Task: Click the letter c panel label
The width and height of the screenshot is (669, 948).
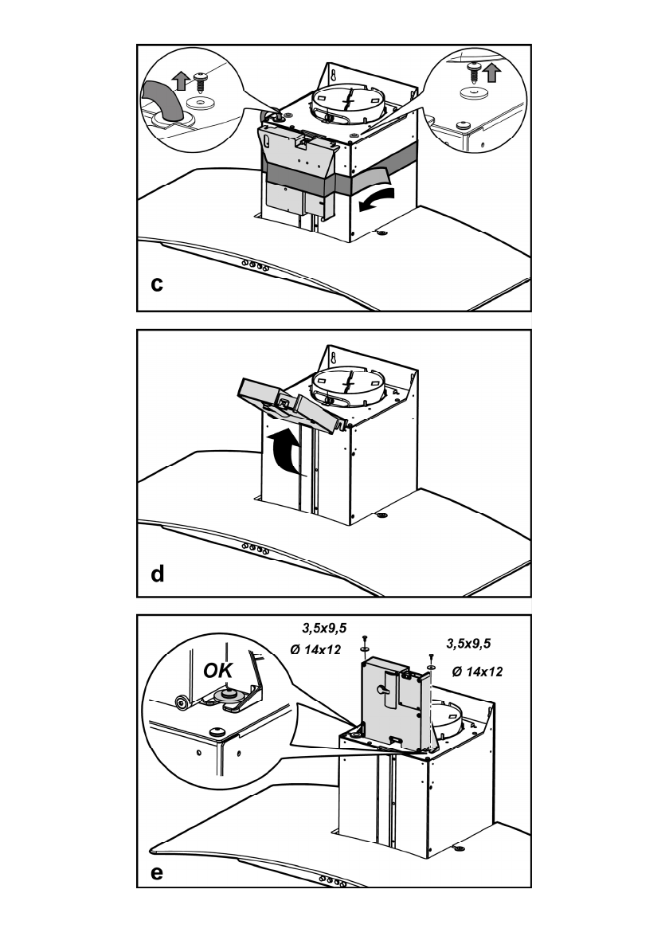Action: [x=158, y=283]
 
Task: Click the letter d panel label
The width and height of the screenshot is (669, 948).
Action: [x=158, y=574]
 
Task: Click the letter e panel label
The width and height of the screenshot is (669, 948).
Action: [x=157, y=872]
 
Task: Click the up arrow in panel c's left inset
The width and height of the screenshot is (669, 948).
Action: [x=180, y=80]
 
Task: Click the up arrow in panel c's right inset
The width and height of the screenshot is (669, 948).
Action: [x=491, y=73]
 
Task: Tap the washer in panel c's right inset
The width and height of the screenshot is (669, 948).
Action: [x=475, y=93]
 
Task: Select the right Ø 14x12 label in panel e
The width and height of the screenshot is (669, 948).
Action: [x=477, y=672]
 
